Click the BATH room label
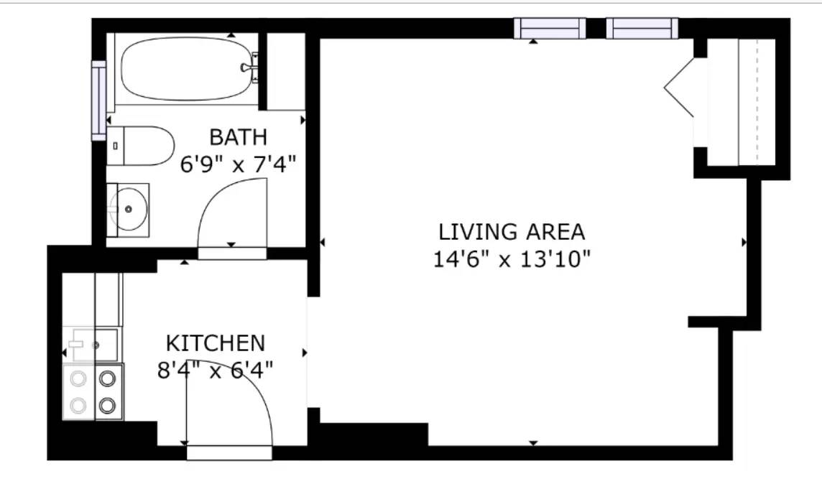[238, 137]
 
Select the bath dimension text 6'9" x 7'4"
[239, 165]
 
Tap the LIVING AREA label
[511, 231]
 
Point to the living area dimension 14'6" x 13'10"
[512, 259]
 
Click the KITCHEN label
[216, 343]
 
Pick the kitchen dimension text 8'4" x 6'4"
[216, 371]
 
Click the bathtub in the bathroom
[187, 68]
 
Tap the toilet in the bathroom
[140, 146]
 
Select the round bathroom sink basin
[129, 210]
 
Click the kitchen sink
[91, 344]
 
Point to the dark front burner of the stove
[108, 405]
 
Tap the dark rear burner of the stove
[108, 378]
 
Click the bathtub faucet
[249, 68]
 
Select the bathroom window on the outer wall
[99, 101]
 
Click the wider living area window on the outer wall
[550, 28]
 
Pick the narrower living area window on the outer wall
[642, 28]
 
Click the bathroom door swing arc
[220, 192]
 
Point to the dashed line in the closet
[757, 102]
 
